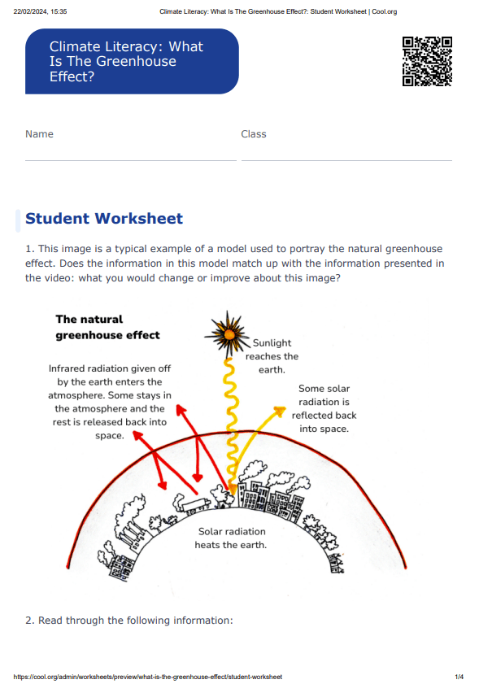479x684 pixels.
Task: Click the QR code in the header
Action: tap(427, 61)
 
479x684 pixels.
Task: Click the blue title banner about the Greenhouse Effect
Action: tap(132, 62)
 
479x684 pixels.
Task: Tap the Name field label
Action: tap(39, 134)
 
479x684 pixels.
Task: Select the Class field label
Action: tap(254, 134)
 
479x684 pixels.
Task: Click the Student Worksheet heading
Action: tap(104, 219)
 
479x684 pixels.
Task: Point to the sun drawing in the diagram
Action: tap(225, 333)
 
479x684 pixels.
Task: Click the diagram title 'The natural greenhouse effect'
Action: tap(107, 327)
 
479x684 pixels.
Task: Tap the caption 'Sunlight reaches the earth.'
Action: tap(272, 356)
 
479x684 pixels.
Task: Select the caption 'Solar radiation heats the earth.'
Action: tap(232, 538)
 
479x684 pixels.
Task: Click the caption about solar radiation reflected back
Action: tap(324, 409)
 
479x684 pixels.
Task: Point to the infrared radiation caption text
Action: tap(110, 402)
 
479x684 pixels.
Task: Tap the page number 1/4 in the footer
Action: tap(459, 677)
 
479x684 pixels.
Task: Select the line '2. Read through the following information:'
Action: tap(129, 621)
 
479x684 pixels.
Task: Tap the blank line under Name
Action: tap(130, 159)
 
